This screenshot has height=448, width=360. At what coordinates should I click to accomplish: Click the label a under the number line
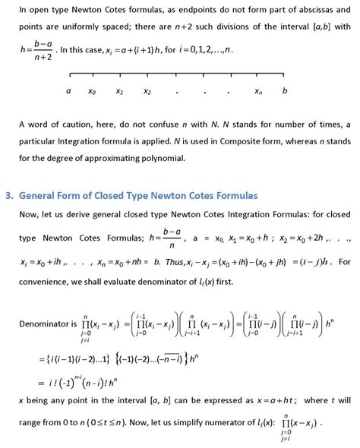pos(68,92)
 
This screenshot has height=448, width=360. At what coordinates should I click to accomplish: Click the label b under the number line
pos(285,92)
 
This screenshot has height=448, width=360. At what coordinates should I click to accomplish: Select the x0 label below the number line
pos(92,93)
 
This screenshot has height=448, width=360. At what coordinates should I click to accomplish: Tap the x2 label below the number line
pos(147,93)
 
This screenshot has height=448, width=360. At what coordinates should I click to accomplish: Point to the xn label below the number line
pos(258,93)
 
